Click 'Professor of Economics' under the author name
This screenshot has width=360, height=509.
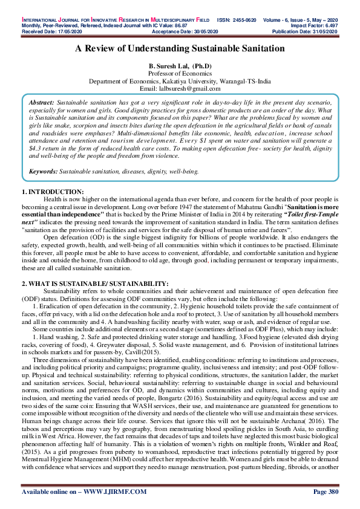click(x=180, y=73)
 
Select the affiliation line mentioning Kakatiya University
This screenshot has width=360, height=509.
click(x=180, y=80)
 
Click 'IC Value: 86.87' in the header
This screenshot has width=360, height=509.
click(x=154, y=10)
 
